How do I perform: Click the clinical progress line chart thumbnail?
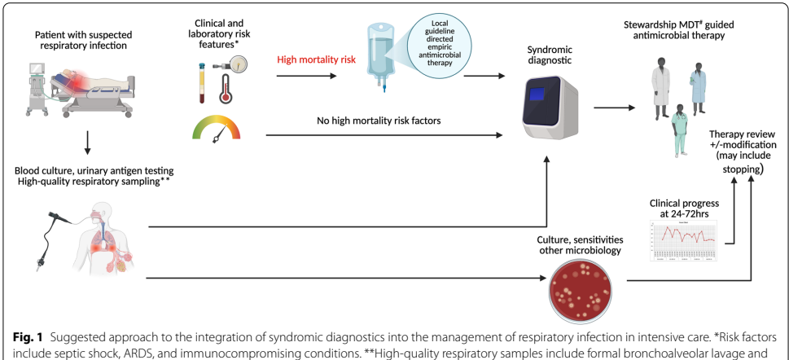point(683,239)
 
